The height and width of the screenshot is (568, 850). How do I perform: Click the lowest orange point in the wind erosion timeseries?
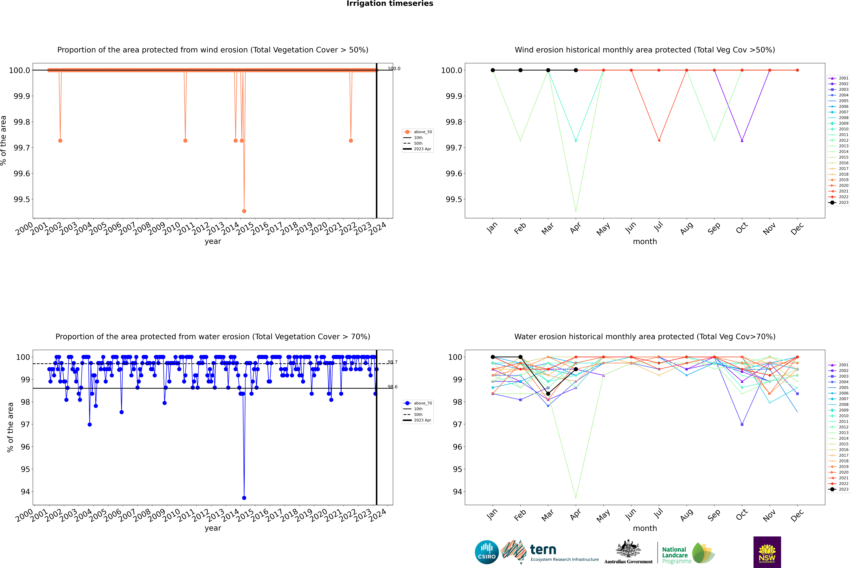[244, 211]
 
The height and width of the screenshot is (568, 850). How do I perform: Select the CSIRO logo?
[487, 552]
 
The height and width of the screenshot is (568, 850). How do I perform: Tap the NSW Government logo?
[767, 552]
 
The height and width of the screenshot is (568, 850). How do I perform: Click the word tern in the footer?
[543, 550]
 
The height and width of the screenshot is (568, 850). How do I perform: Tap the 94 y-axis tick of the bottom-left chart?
[25, 492]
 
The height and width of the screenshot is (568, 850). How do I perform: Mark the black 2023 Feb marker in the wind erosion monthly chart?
[520, 70]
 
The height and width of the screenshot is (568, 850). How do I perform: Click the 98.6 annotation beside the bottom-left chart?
[392, 387]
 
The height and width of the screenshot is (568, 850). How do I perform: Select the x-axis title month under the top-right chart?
[645, 242]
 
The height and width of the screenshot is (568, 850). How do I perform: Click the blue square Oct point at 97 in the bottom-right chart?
[742, 424]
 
